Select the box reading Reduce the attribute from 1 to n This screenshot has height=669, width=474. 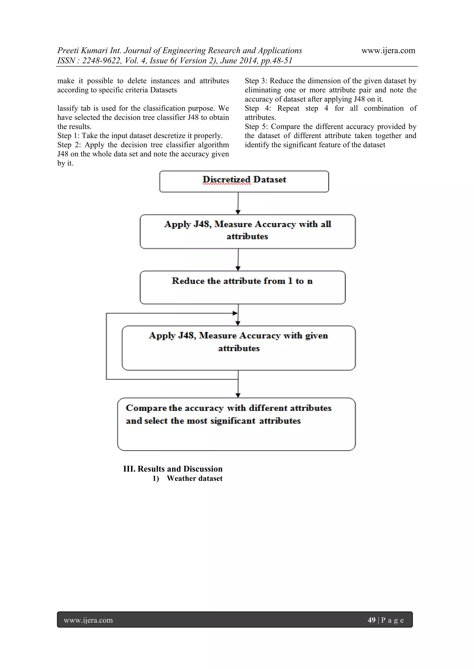(x=242, y=287)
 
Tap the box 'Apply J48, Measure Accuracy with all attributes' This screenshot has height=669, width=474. (x=247, y=231)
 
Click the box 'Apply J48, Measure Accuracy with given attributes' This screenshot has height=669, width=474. (x=238, y=348)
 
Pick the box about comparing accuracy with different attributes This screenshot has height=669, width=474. (x=236, y=424)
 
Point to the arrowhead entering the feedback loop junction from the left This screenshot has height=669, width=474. (x=235, y=313)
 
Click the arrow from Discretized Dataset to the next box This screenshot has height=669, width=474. (x=238, y=203)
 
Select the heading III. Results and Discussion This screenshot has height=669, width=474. (x=173, y=469)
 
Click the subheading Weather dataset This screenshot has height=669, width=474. (x=194, y=478)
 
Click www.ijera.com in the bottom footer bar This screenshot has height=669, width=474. (x=88, y=620)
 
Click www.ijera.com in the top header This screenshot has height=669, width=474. (x=388, y=50)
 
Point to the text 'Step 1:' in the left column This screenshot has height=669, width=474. (x=68, y=136)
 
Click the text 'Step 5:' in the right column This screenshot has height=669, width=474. (x=256, y=126)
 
